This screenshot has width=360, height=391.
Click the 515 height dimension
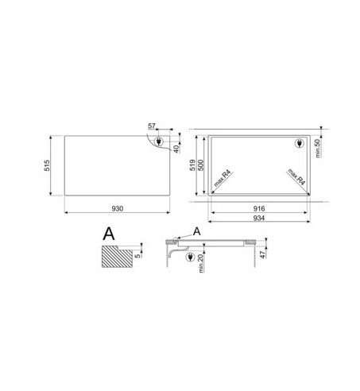(x=47, y=165)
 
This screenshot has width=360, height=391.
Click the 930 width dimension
(x=117, y=209)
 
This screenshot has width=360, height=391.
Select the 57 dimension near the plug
(x=152, y=126)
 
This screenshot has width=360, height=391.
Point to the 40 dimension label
(x=176, y=149)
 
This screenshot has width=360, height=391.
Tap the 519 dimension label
(x=192, y=165)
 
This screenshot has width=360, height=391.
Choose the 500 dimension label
(x=201, y=165)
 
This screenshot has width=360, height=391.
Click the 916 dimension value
(x=259, y=209)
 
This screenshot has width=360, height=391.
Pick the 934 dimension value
(x=259, y=219)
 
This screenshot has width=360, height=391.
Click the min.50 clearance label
(x=318, y=149)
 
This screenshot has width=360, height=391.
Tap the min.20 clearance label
(x=201, y=263)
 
